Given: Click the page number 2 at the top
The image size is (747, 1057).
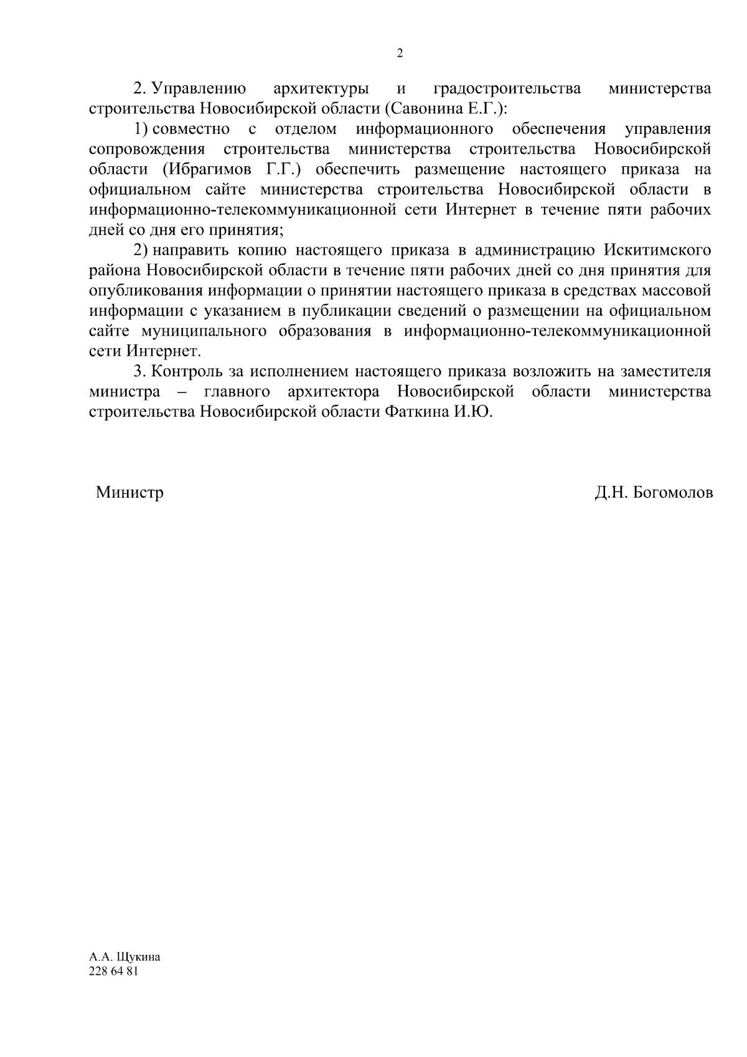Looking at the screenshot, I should [x=400, y=54].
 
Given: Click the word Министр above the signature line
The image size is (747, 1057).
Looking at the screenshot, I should [x=129, y=493].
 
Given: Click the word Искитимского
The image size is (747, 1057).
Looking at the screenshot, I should [x=657, y=250].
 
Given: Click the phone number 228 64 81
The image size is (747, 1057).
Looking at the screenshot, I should [x=113, y=972].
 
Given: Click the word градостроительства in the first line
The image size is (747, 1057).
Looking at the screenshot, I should [x=507, y=89].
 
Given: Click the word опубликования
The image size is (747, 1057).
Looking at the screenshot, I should [x=146, y=291].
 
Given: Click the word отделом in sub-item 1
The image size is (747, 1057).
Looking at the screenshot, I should [x=306, y=130].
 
